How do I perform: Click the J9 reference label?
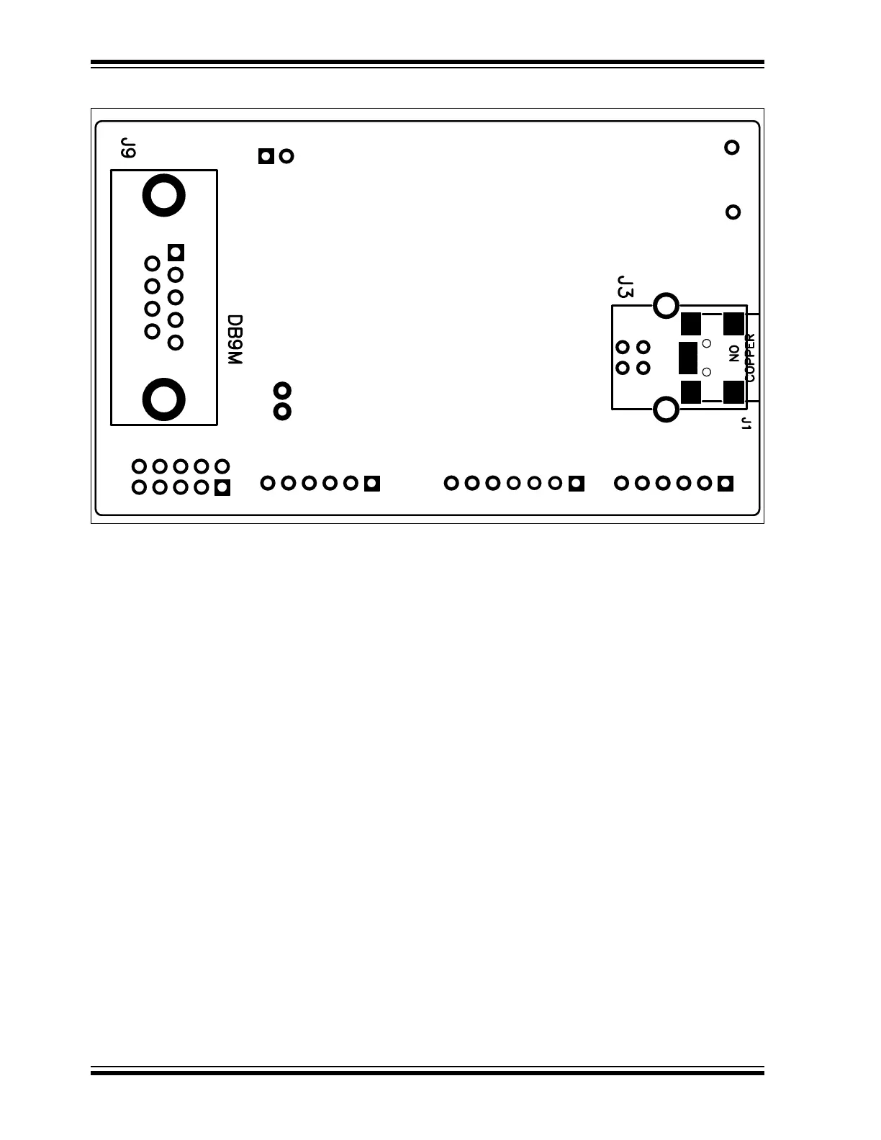pos(128,148)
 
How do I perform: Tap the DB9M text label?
pos(235,340)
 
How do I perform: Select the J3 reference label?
pos(625,287)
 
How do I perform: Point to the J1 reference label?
pos(746,423)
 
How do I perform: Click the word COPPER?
pos(750,357)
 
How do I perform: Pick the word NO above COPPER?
pos(733,353)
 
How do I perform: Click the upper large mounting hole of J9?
pos(164,195)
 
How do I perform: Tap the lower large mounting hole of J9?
pos(164,398)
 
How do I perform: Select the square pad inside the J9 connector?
pos(176,253)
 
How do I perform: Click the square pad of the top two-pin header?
pos(266,155)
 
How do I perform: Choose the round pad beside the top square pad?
pos(286,155)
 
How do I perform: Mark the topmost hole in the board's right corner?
pos(731,148)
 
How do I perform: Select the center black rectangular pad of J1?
pos(687,358)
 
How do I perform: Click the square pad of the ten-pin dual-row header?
pos(222,488)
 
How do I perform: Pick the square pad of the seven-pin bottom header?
pos(576,483)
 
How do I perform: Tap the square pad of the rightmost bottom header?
pos(726,483)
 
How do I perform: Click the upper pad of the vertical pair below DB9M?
pos(283,391)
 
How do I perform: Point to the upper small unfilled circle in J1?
pos(706,343)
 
